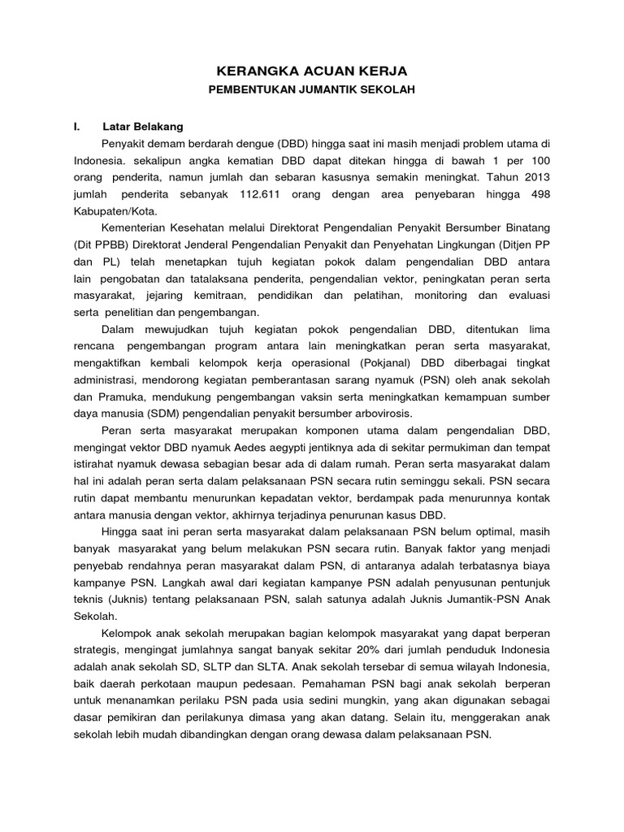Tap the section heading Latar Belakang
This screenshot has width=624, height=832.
(x=143, y=128)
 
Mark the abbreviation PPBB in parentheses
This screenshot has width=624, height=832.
(x=101, y=245)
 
